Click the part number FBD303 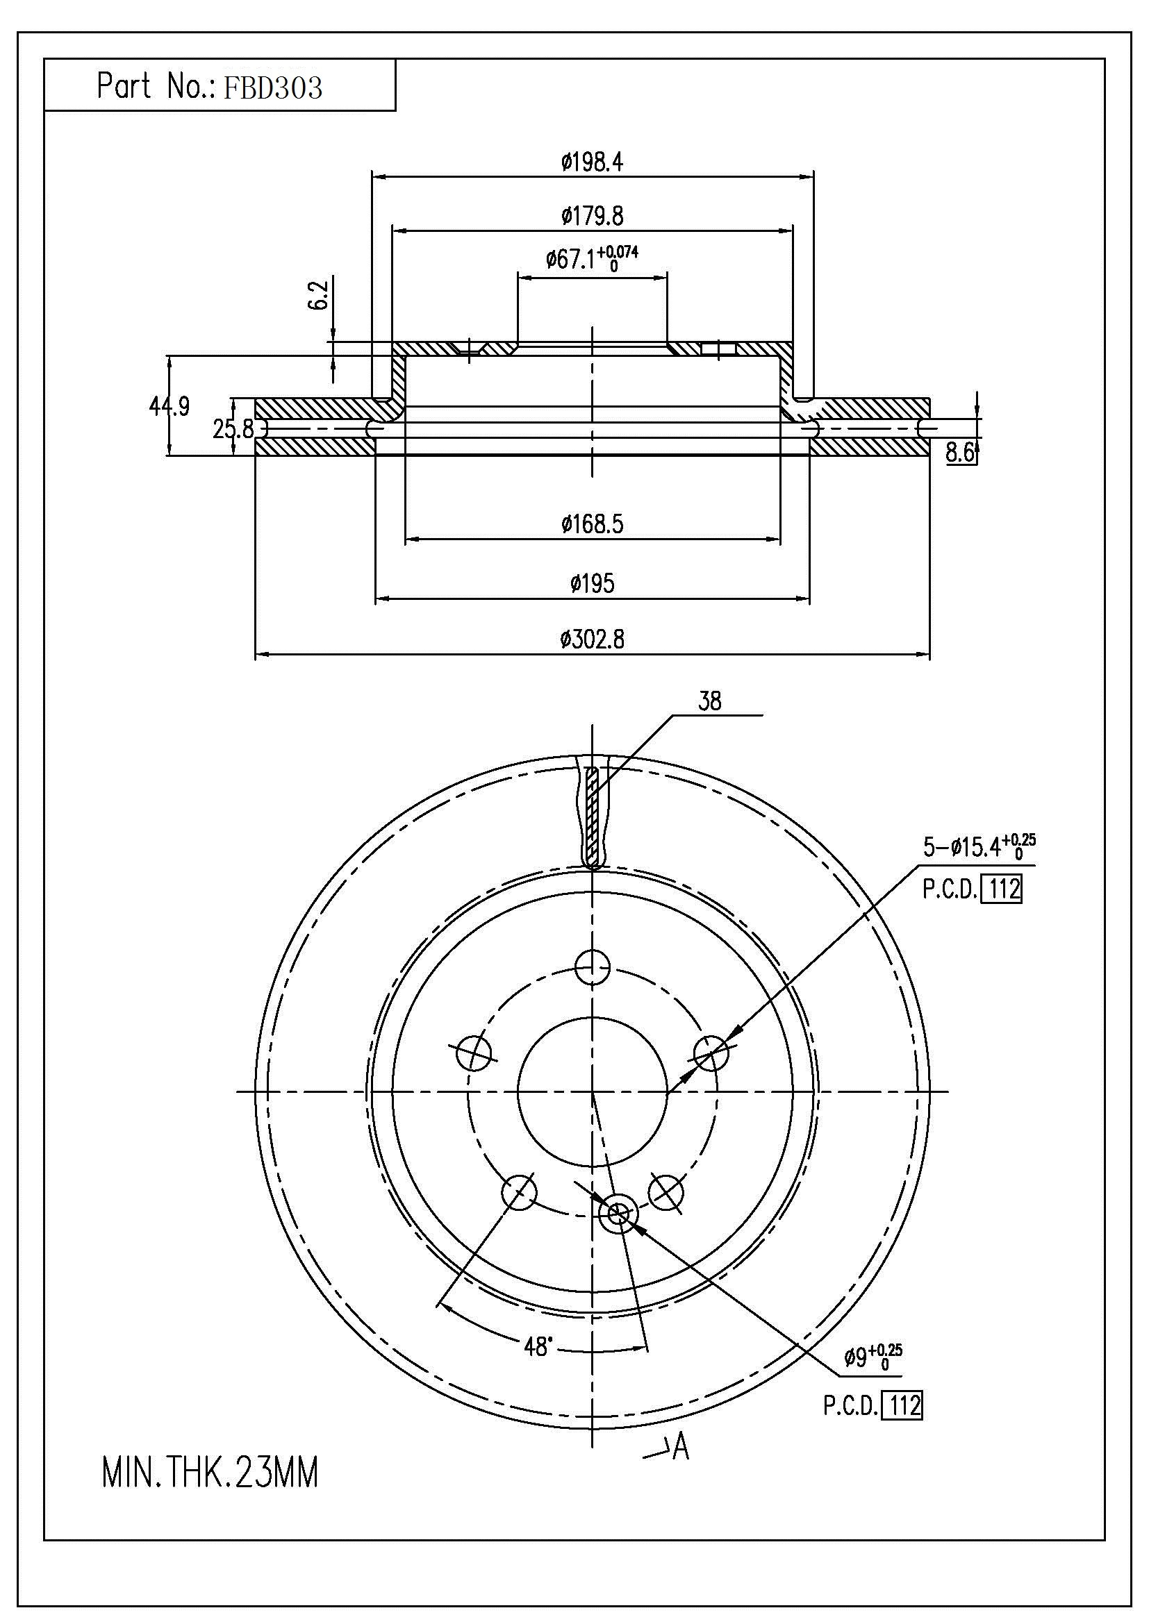point(272,87)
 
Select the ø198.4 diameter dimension point(592,162)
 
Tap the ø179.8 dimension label point(592,216)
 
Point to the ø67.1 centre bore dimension point(591,259)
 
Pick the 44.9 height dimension point(169,407)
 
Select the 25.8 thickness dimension point(233,428)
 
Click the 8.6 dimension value point(960,453)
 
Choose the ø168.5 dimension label point(592,524)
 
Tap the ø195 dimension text point(592,583)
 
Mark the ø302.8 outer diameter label point(592,640)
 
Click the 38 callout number point(710,702)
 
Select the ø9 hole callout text point(873,1357)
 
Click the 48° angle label point(537,1347)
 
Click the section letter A point(680,1447)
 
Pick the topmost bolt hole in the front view point(592,967)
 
